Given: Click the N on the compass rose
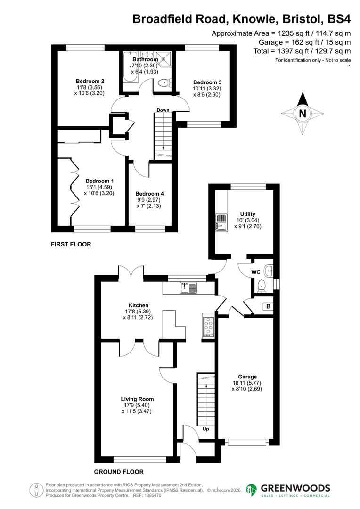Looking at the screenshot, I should tap(302, 113).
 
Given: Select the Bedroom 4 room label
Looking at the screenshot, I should tap(150, 194).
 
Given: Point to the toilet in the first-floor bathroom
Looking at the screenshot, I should tap(164, 83).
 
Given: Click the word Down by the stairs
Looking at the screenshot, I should tap(163, 110).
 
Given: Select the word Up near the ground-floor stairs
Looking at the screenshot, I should tap(205, 429).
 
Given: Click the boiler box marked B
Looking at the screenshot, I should tap(268, 306).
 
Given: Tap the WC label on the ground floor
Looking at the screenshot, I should tap(256, 272).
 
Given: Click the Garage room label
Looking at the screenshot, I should tap(247, 377).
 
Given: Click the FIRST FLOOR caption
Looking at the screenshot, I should tap(71, 245).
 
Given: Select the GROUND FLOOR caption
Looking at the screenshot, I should tap(118, 472).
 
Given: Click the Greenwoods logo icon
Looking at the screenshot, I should tap(252, 490).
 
